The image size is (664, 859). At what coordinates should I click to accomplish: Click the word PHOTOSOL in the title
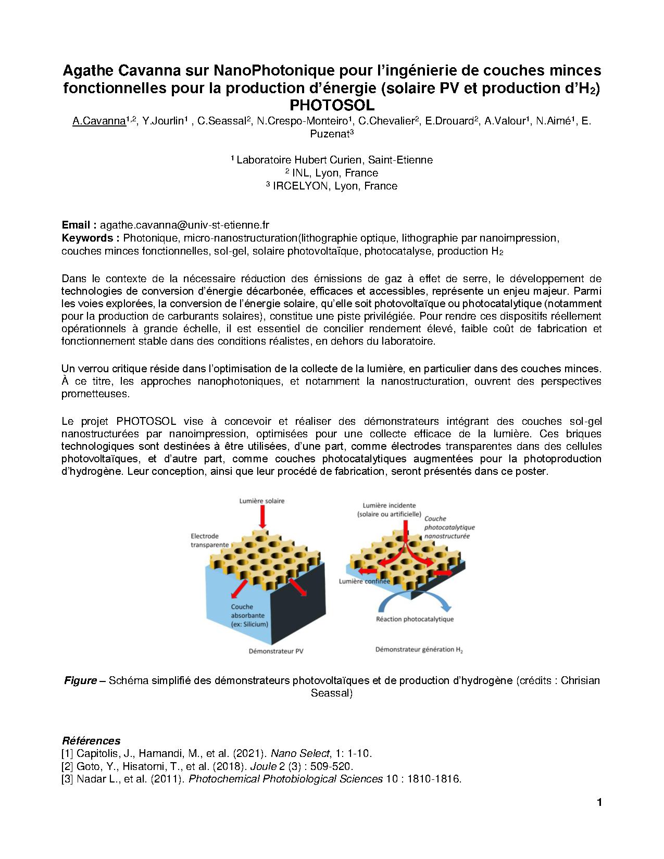pos(332,105)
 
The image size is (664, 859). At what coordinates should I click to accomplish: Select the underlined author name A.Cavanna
pos(99,121)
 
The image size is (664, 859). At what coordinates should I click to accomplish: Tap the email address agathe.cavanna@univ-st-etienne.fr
pos(184,225)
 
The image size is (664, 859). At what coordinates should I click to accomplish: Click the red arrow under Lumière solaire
pos(262,517)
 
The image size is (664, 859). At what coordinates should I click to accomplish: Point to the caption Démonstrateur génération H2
pos(419,650)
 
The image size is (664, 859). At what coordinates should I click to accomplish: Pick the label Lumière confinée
pos(364,582)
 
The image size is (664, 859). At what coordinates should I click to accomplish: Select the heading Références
pos(91,740)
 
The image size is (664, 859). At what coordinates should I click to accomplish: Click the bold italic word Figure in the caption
pos(80,680)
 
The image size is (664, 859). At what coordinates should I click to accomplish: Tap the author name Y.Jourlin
pos(164,121)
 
